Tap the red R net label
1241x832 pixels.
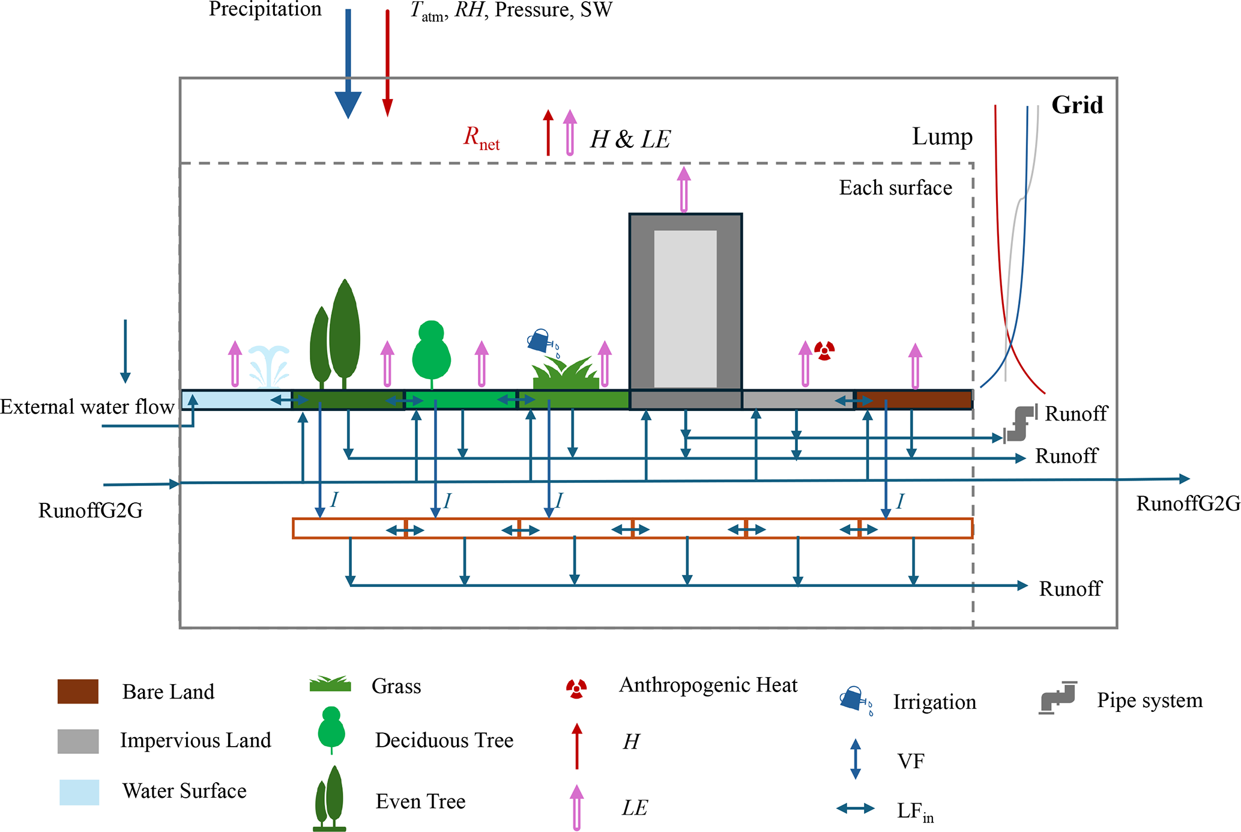[481, 138]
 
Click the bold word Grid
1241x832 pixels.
[1077, 105]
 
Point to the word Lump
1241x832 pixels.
[942, 137]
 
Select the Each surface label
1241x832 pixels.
[895, 188]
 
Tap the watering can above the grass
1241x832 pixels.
[540, 341]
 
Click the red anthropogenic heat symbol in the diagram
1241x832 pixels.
[824, 350]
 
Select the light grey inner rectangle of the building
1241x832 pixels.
[685, 308]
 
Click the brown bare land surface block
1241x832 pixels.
[914, 400]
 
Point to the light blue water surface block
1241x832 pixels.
[235, 400]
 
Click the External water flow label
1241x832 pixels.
[87, 407]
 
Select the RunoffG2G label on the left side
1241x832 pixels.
[90, 511]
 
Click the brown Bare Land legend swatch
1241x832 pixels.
[78, 691]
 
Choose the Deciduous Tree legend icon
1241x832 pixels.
[331, 730]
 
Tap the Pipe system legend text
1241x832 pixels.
[1149, 700]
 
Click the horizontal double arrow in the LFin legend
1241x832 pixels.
[856, 809]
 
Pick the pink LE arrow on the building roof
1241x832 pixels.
[684, 189]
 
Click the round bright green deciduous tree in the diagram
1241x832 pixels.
[431, 354]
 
